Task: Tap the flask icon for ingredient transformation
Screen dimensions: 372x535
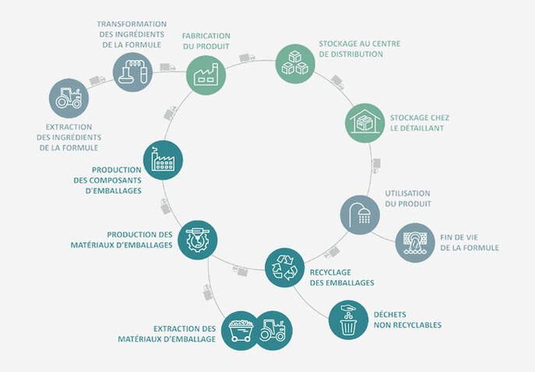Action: coord(132,71)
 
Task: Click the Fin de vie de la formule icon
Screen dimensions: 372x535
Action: coord(414,242)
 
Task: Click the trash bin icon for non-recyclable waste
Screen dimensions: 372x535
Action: coord(348,319)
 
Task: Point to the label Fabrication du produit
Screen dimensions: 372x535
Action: coord(206,40)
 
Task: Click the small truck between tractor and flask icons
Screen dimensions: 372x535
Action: coord(97,80)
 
